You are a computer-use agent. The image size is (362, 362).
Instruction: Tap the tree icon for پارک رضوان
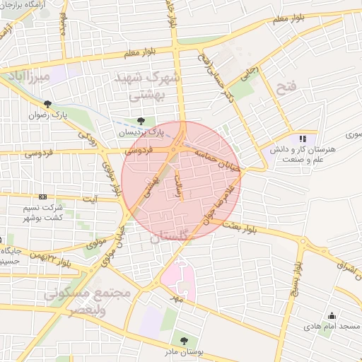[x=47, y=104]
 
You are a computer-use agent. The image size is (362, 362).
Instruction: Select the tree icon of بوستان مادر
[x=185, y=341]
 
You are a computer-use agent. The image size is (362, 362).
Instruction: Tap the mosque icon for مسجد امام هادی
[x=332, y=315]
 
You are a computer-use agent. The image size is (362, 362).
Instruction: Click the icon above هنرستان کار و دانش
[x=303, y=139]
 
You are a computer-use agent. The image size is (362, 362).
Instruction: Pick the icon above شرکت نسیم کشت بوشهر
[x=43, y=197]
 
